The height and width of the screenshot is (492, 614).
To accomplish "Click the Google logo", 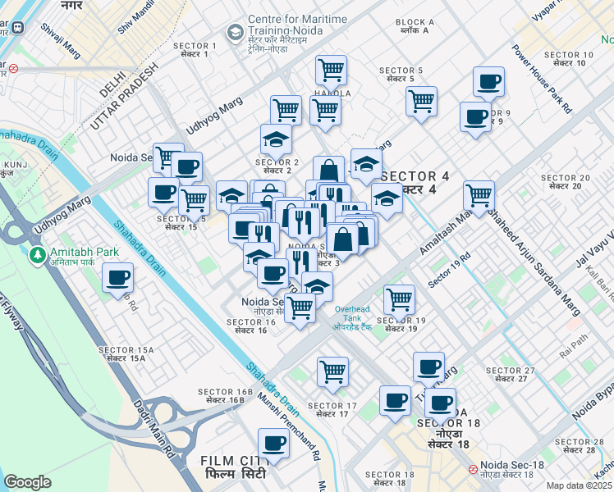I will pos(28,482).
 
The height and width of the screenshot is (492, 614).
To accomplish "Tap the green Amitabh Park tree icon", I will pos(36,256).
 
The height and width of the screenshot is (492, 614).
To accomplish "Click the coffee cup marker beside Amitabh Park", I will pos(118,278).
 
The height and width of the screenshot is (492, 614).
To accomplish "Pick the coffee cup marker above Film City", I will pos(273,444).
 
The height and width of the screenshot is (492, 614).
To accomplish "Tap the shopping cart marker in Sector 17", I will pos(332,371).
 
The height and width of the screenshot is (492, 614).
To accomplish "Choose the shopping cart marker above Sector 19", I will pos(399,299).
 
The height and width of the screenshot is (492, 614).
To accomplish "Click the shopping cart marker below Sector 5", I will pos(421,102).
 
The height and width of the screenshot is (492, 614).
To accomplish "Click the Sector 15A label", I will pos(121,353).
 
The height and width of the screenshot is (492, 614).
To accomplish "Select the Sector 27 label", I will pos(511,375).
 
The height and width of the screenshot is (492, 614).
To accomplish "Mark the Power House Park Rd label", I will pos(542,77).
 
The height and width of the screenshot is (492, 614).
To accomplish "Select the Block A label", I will pos(415,26).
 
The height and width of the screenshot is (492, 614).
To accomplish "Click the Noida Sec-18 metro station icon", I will pos(473,470).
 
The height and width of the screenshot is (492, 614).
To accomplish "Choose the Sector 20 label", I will pos(566,181).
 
